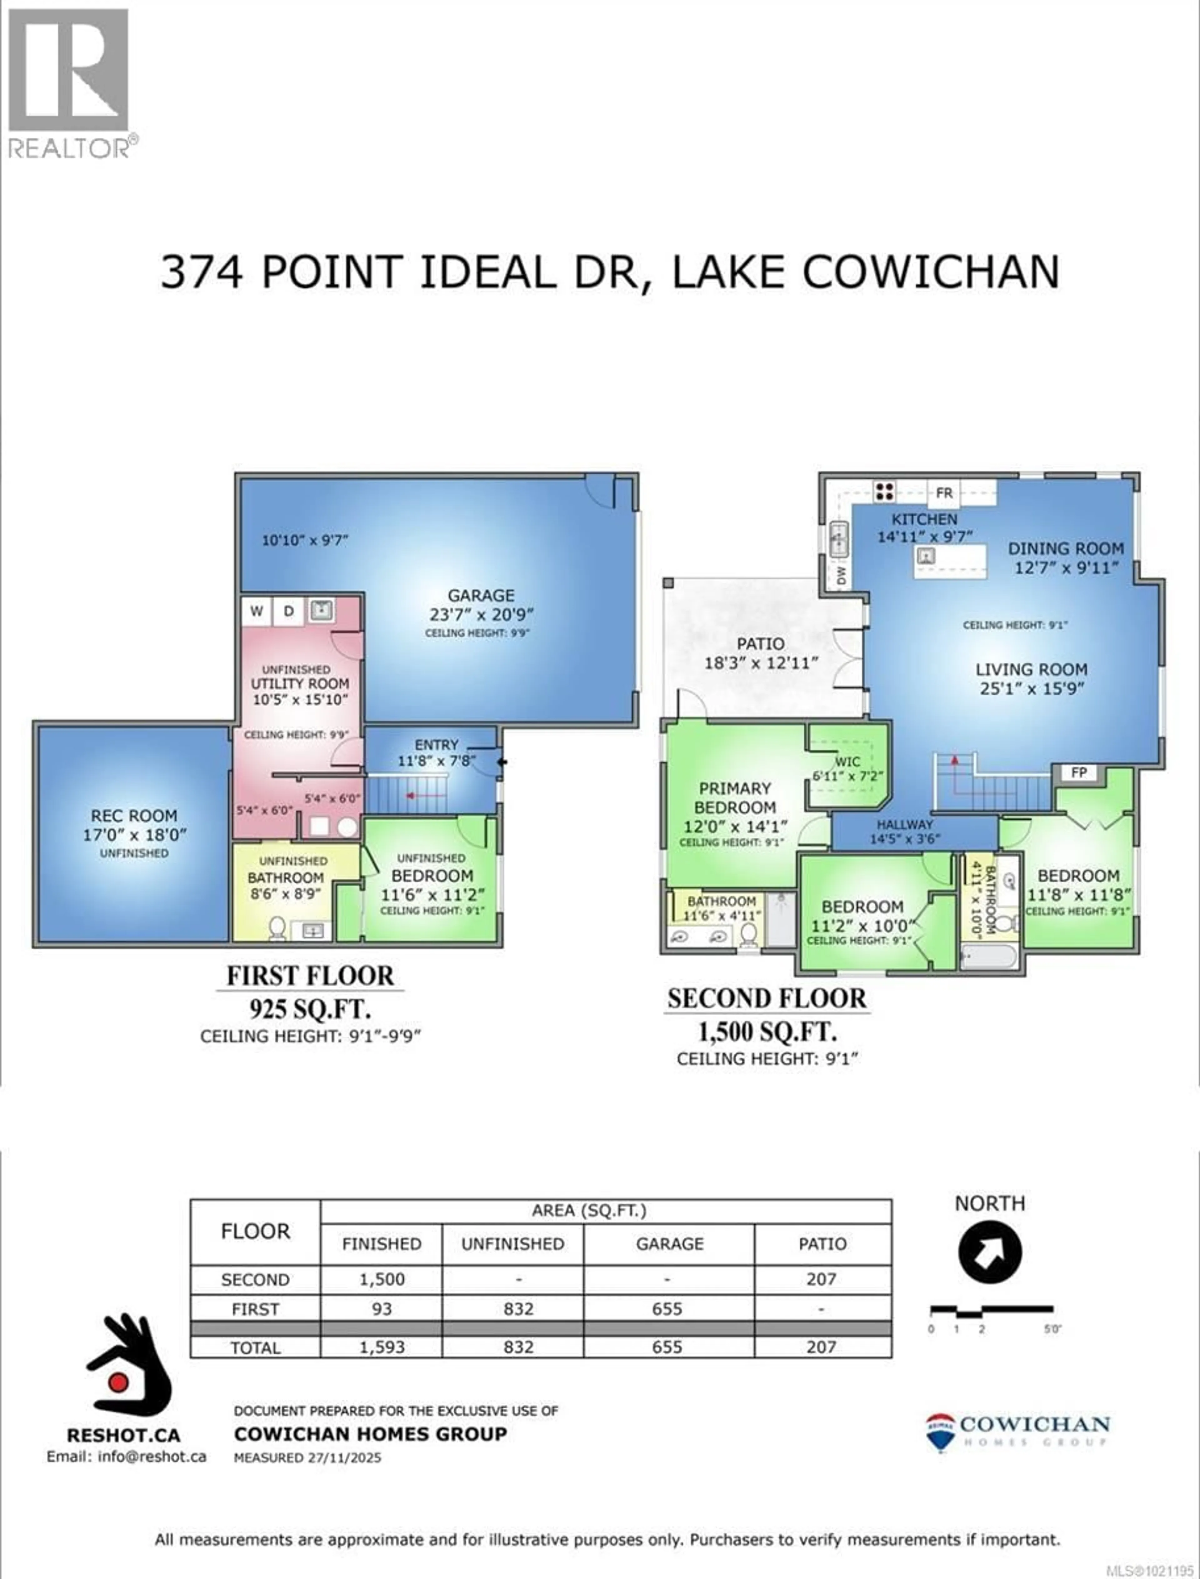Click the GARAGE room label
[x=481, y=595]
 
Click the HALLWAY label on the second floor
[x=905, y=824]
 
